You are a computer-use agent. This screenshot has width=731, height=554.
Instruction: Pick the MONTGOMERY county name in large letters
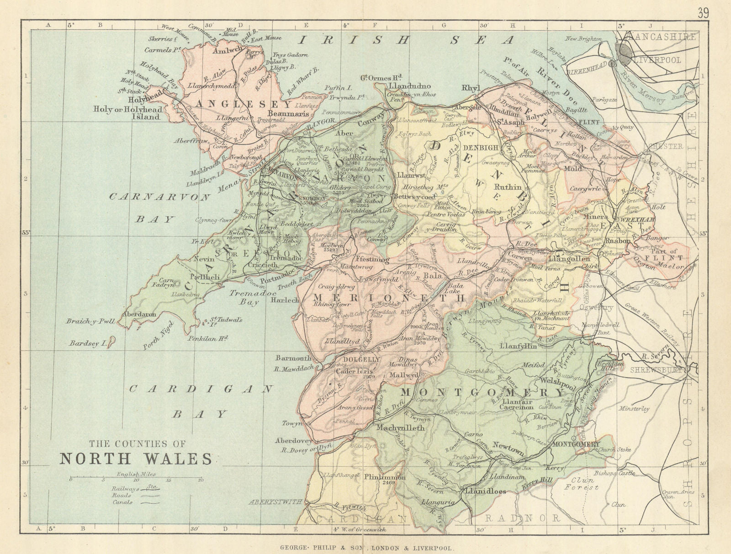tap(483, 392)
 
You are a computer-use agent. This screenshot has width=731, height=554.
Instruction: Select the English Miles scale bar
tap(136, 480)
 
